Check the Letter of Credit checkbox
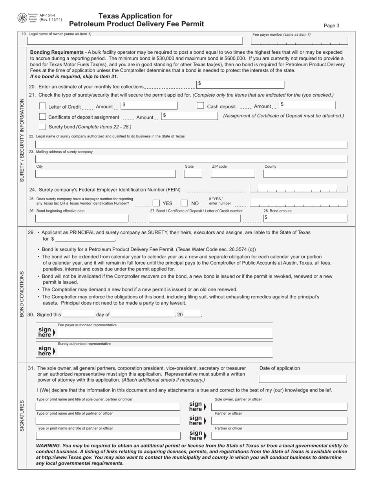(43, 106)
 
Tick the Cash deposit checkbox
(200, 106)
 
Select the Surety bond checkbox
(43, 126)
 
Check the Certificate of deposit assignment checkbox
(43, 117)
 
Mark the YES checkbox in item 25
(156, 203)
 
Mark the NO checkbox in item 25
(184, 203)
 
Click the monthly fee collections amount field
(240, 84)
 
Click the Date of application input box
(303, 379)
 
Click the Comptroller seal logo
(22, 18)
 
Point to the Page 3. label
(332, 26)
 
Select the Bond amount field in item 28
(305, 218)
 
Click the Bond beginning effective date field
(82, 218)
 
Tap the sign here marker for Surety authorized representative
(46, 351)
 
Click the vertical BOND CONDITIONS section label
(22, 294)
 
